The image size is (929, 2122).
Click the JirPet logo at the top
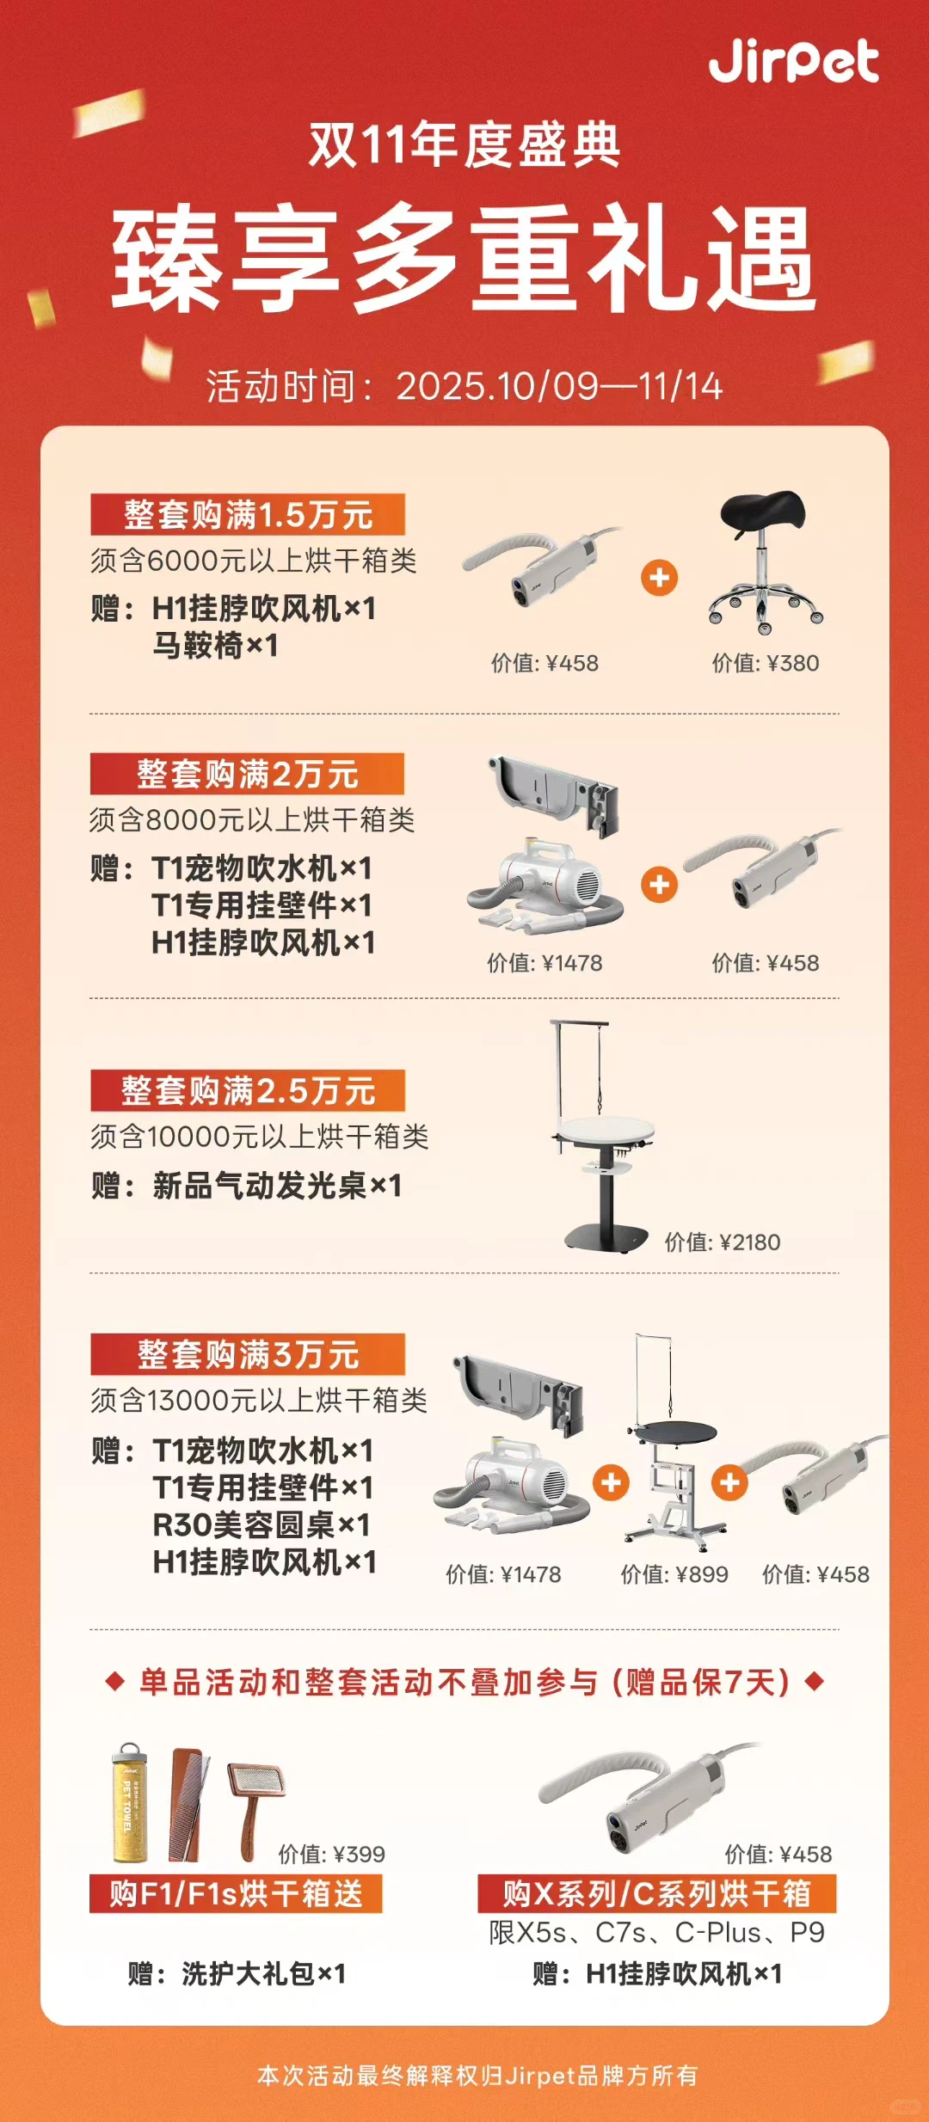tap(793, 62)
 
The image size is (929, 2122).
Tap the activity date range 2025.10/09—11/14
tap(559, 386)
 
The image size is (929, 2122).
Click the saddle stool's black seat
tap(762, 512)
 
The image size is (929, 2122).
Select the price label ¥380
tap(765, 663)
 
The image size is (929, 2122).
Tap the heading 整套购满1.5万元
tap(248, 515)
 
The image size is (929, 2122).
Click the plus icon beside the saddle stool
tap(659, 578)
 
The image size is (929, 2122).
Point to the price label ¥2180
tap(722, 1242)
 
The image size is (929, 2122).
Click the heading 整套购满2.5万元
tap(248, 1091)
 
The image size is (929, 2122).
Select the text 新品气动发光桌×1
tap(277, 1186)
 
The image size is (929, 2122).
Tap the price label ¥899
tap(674, 1574)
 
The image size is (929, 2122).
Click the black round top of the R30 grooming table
tap(672, 1432)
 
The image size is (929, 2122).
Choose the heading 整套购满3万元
tap(248, 1355)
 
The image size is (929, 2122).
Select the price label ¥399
tap(331, 1854)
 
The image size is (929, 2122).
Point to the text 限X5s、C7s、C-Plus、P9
tap(656, 1933)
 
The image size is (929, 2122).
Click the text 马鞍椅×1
tap(215, 646)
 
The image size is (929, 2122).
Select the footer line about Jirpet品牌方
tap(477, 2076)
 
